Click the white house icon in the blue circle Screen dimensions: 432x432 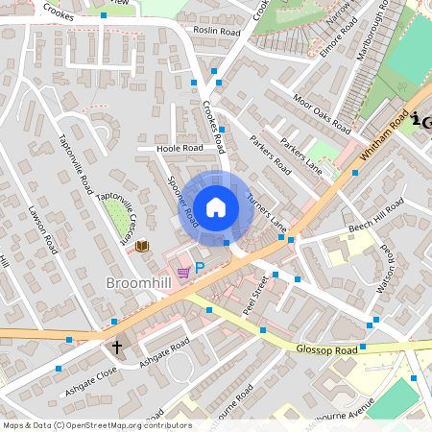(216, 206)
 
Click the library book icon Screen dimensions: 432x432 (142, 247)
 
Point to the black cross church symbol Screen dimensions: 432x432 (118, 347)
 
